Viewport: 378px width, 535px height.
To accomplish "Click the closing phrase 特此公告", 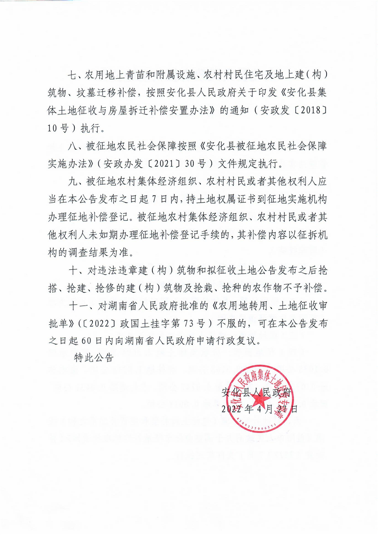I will [x=94, y=358].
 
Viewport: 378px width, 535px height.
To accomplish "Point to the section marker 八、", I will [x=76, y=146].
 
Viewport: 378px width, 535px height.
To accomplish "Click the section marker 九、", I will [x=76, y=182].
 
